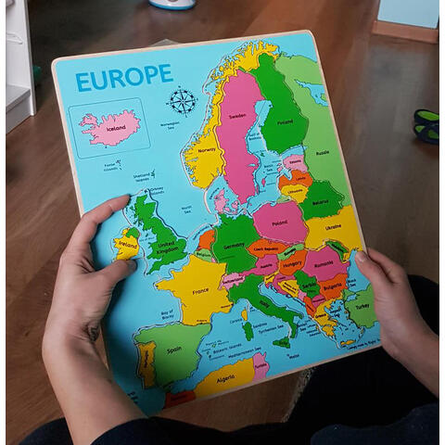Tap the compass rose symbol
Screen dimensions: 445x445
pos(182,100)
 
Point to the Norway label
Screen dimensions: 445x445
pos(207,150)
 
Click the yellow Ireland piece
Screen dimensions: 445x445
pos(127,246)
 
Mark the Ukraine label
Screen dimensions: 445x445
pos(335,227)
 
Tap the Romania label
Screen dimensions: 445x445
pos(324,265)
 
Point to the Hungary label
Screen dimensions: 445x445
pos(292,263)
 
